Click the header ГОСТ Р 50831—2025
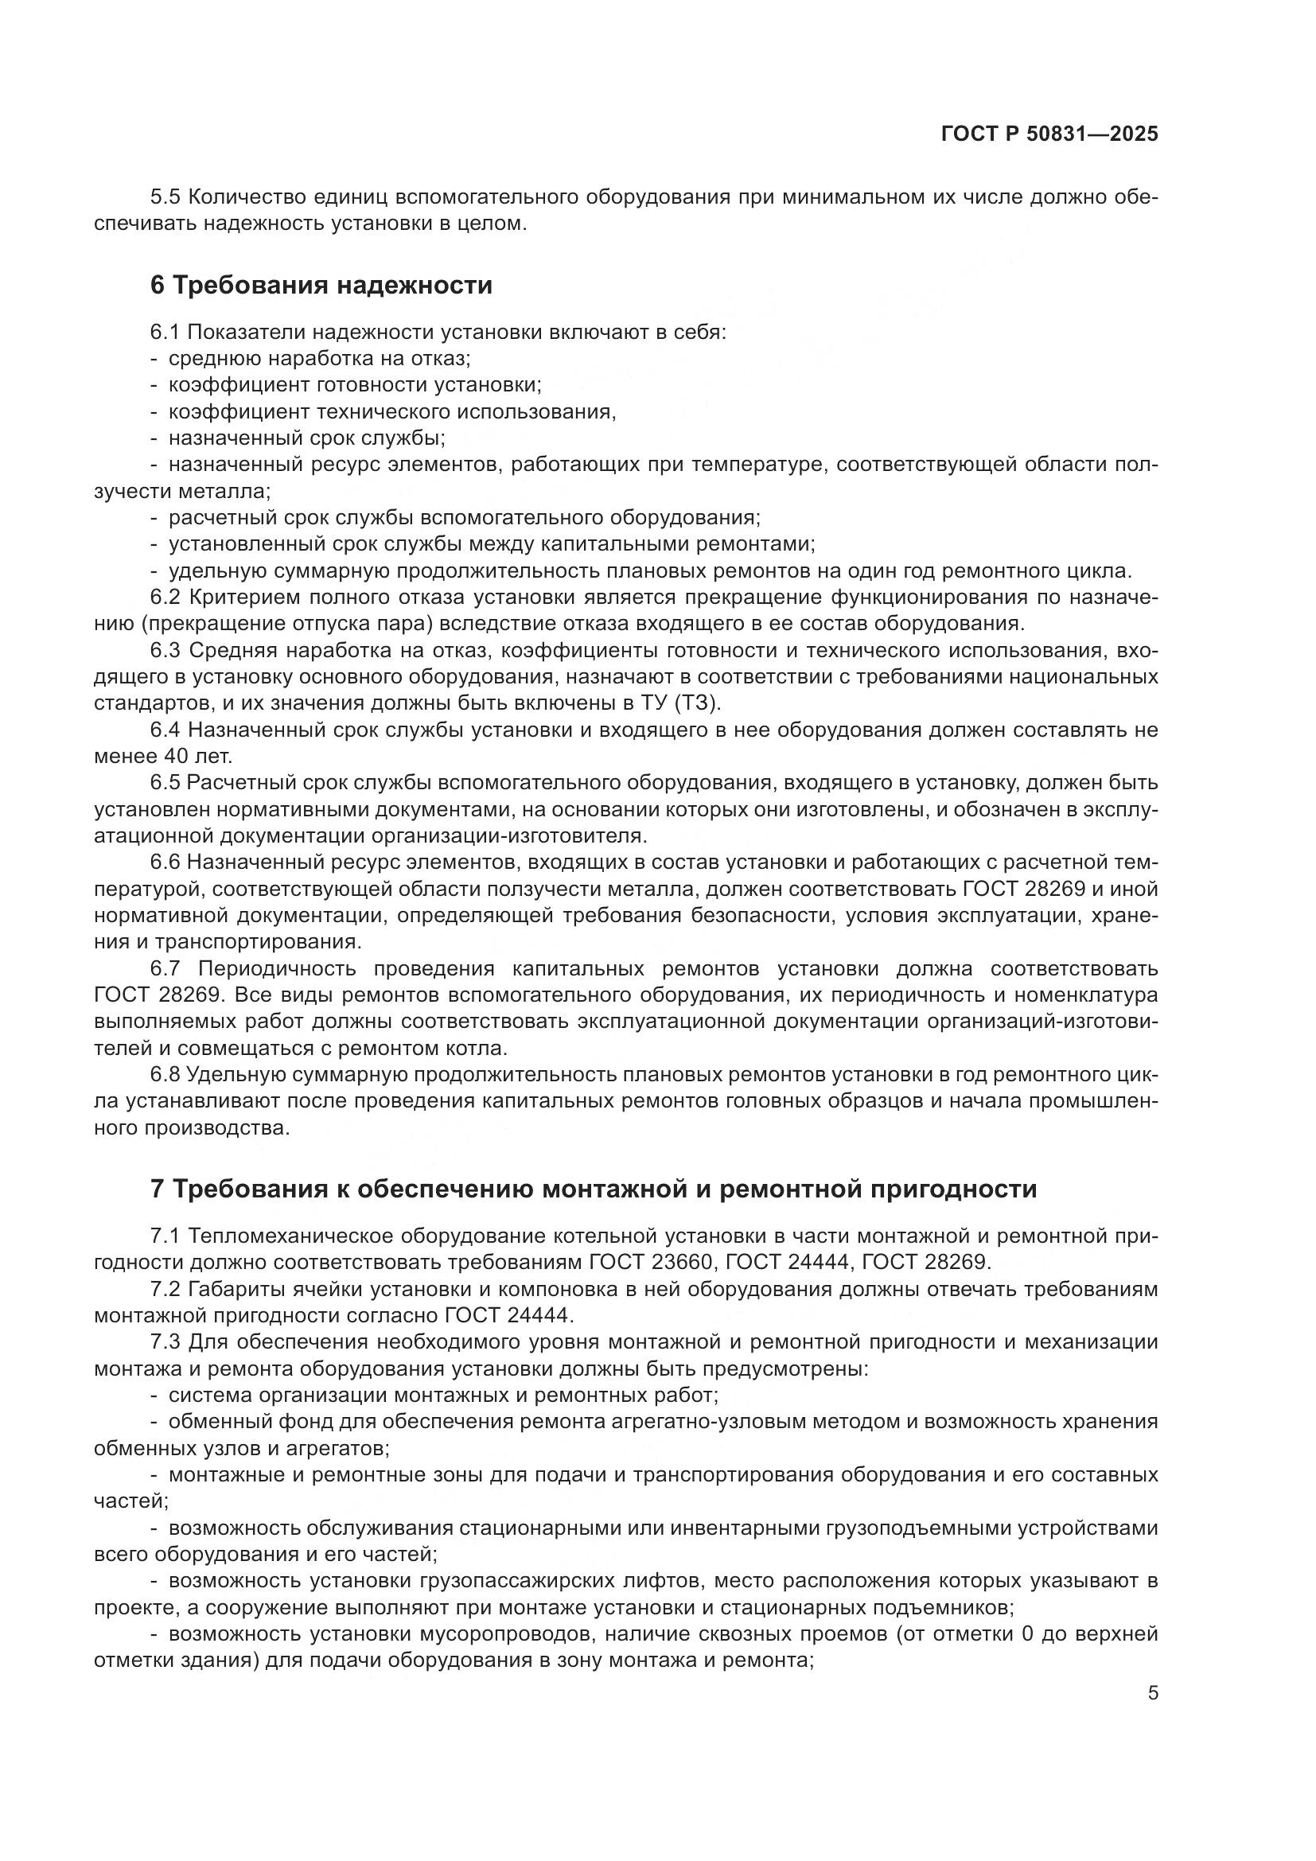tap(1049, 134)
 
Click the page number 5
tap(1152, 1692)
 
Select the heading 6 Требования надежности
tap(321, 286)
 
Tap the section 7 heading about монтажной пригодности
tap(594, 1189)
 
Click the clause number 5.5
tap(165, 197)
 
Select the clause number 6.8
tap(165, 1075)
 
